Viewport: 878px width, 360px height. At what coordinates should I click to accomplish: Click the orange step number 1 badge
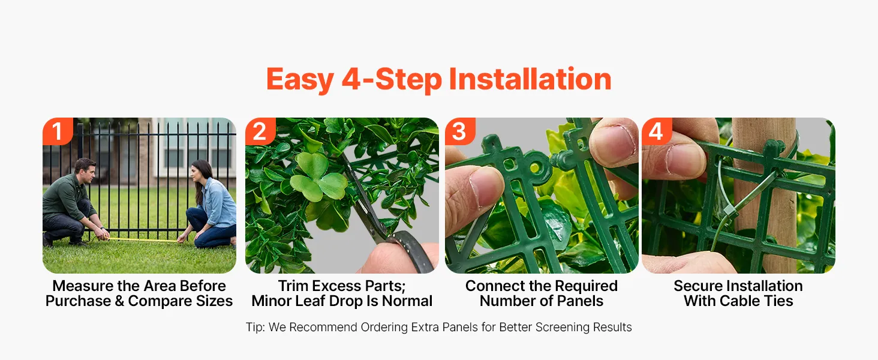pyautogui.click(x=58, y=131)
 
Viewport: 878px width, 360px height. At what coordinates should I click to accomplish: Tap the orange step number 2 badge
pyautogui.click(x=260, y=131)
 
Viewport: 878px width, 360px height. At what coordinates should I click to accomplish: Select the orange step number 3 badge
pyautogui.click(x=460, y=131)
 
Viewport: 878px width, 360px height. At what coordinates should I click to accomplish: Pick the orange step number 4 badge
pyautogui.click(x=657, y=131)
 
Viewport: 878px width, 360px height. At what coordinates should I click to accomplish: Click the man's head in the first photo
pyautogui.click(x=85, y=170)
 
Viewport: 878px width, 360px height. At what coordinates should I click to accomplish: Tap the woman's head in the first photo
pyautogui.click(x=199, y=173)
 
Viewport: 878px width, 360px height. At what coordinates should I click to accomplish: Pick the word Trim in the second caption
pyautogui.click(x=291, y=286)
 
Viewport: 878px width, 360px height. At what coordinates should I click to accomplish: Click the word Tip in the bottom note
pyautogui.click(x=255, y=328)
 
